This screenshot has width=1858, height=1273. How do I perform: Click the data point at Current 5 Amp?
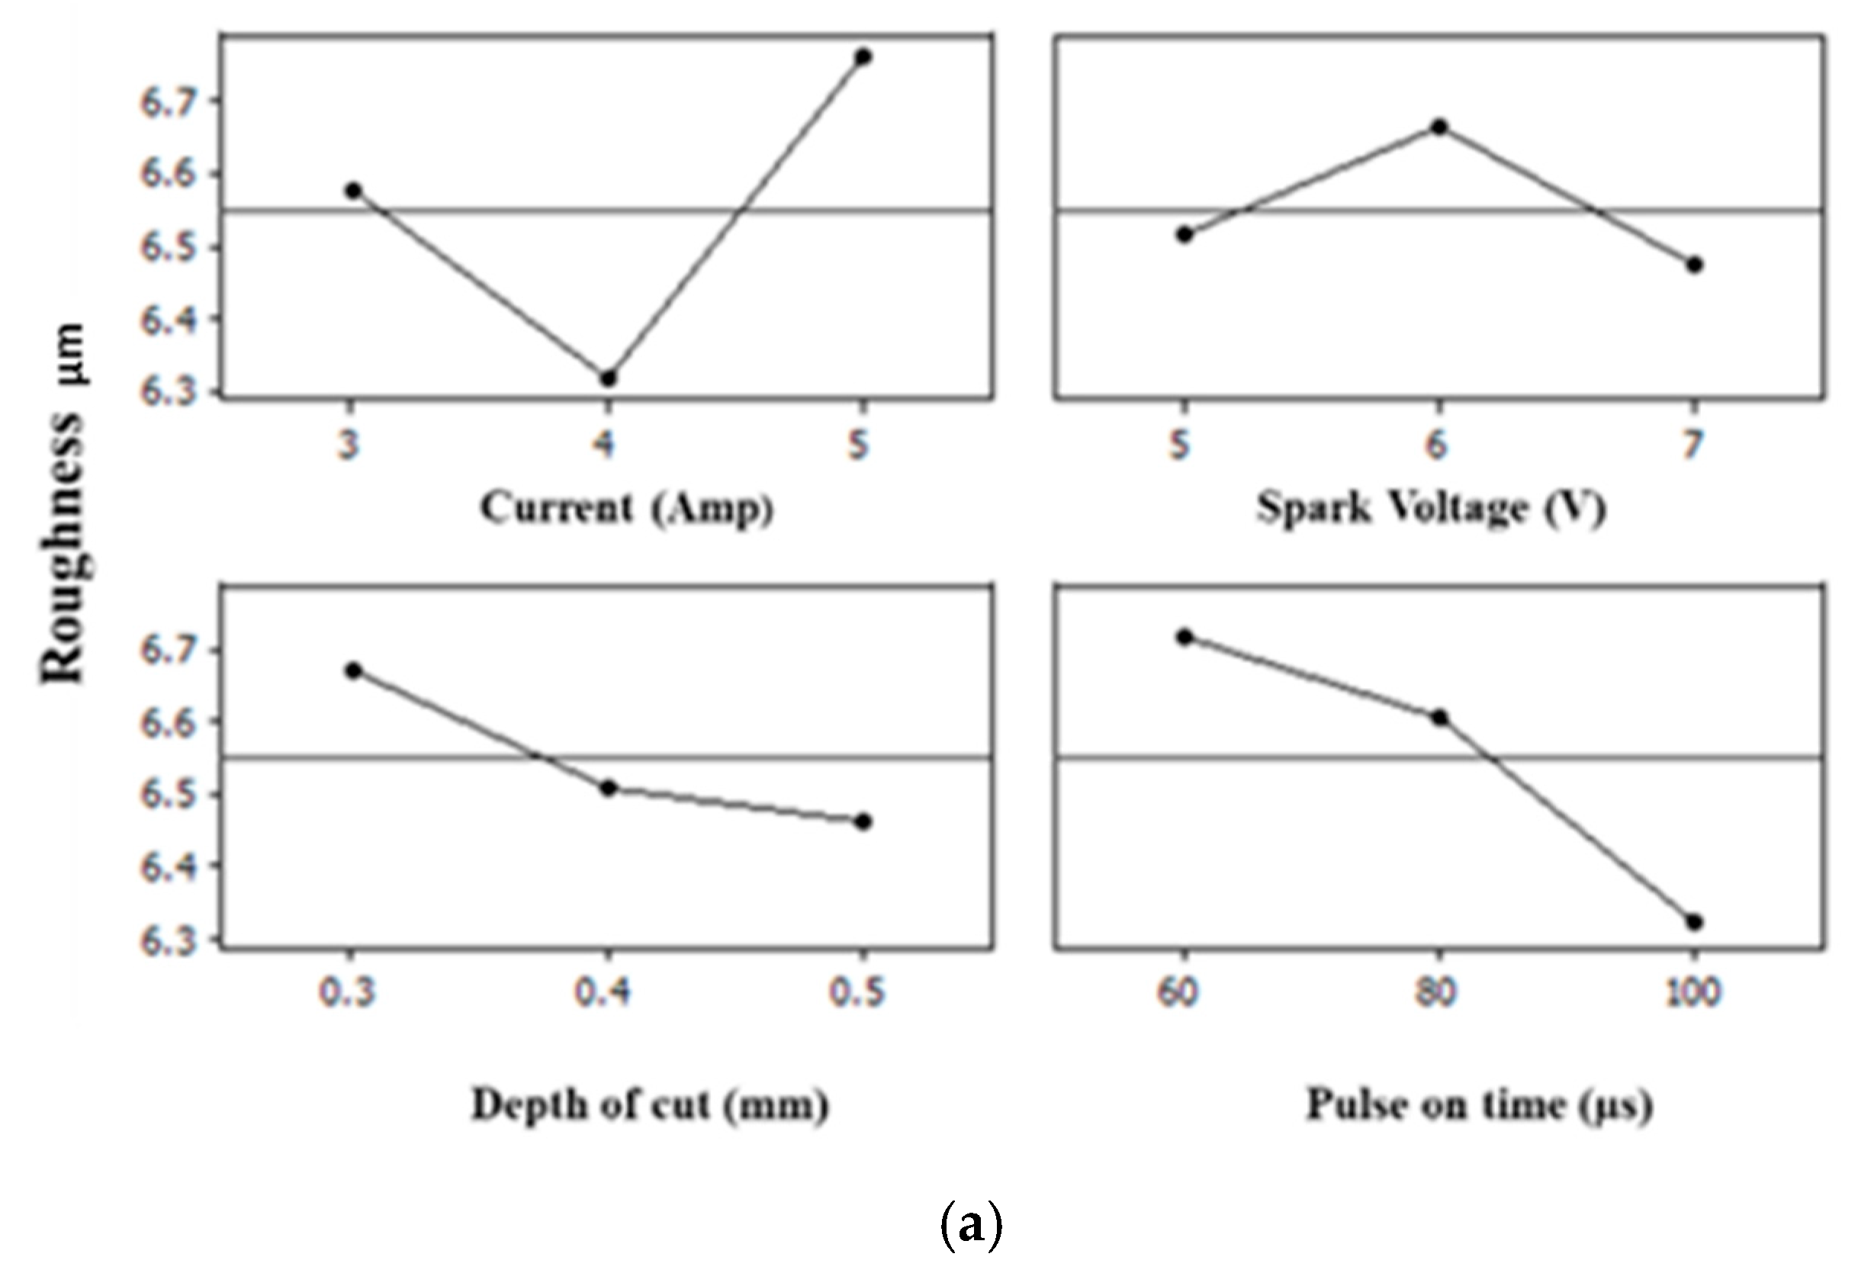pyautogui.click(x=863, y=56)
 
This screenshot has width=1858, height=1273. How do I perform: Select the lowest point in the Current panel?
pyautogui.click(x=608, y=378)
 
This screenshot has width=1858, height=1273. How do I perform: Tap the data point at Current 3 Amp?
pyautogui.click(x=353, y=191)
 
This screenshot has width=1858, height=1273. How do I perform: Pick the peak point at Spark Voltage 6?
pyautogui.click(x=1439, y=127)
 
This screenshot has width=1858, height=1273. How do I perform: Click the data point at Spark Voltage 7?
pyautogui.click(x=1692, y=265)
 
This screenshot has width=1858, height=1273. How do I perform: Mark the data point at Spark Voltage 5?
pyautogui.click(x=1185, y=234)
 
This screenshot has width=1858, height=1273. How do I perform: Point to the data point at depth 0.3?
pyautogui.click(x=353, y=670)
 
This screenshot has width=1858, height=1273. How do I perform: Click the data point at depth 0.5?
pyautogui.click(x=863, y=821)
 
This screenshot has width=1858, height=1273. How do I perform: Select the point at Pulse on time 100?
pyautogui.click(x=1692, y=922)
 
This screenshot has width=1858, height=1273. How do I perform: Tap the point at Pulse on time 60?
pyautogui.click(x=1185, y=636)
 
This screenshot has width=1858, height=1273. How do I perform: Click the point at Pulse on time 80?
pyautogui.click(x=1439, y=717)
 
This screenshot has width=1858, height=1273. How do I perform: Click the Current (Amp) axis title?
pyautogui.click(x=628, y=509)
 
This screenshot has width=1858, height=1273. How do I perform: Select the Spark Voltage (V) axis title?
pyautogui.click(x=1431, y=509)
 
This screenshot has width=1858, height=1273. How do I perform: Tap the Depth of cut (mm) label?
pyautogui.click(x=649, y=1106)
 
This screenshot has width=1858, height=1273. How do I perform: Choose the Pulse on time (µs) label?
pyautogui.click(x=1478, y=1106)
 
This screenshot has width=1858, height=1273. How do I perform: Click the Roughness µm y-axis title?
pyautogui.click(x=64, y=503)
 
